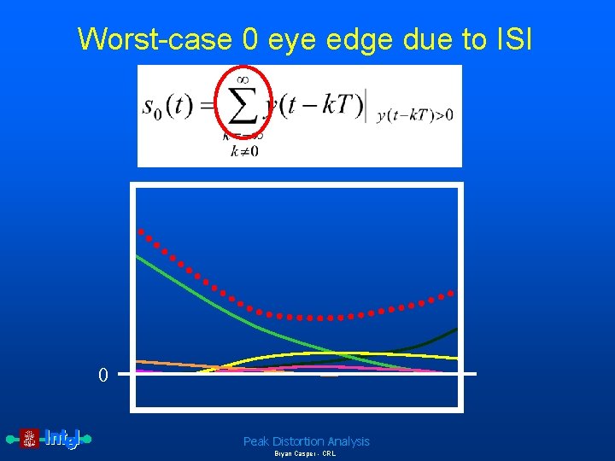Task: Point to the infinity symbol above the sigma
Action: coord(242,79)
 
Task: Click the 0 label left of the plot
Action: coord(102,375)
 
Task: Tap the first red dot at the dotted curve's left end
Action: coord(142,231)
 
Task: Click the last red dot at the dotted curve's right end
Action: coord(452,293)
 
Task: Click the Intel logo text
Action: coord(61,439)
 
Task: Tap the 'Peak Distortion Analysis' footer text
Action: coord(306,441)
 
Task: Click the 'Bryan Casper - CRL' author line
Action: coord(305,454)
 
